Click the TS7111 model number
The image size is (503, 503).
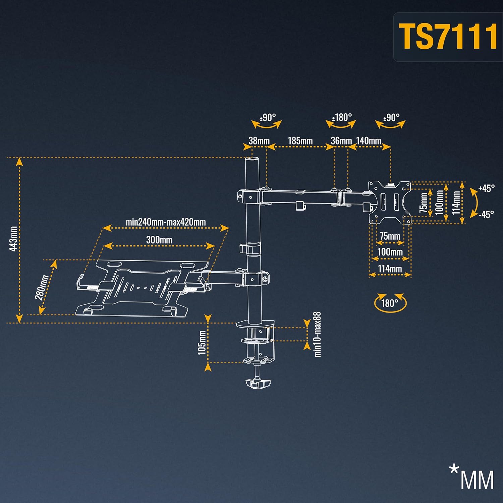click(x=448, y=37)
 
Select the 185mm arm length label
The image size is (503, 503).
click(x=300, y=141)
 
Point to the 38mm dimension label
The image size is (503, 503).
click(x=259, y=141)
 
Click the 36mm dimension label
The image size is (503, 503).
click(x=341, y=141)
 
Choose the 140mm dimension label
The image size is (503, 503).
click(x=369, y=141)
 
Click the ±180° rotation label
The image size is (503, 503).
click(x=342, y=117)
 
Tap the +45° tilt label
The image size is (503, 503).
click(x=486, y=188)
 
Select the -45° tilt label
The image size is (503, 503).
click(x=486, y=214)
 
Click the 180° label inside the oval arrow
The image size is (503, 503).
click(x=390, y=303)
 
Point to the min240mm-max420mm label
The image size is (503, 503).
click(x=166, y=222)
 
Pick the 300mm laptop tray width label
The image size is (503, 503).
click(x=159, y=240)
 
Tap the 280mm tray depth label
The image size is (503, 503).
click(x=43, y=287)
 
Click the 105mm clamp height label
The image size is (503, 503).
click(x=202, y=342)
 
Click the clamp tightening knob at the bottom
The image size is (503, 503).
click(x=258, y=383)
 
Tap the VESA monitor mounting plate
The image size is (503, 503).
click(x=390, y=202)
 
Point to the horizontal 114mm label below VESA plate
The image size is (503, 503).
click(x=390, y=269)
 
